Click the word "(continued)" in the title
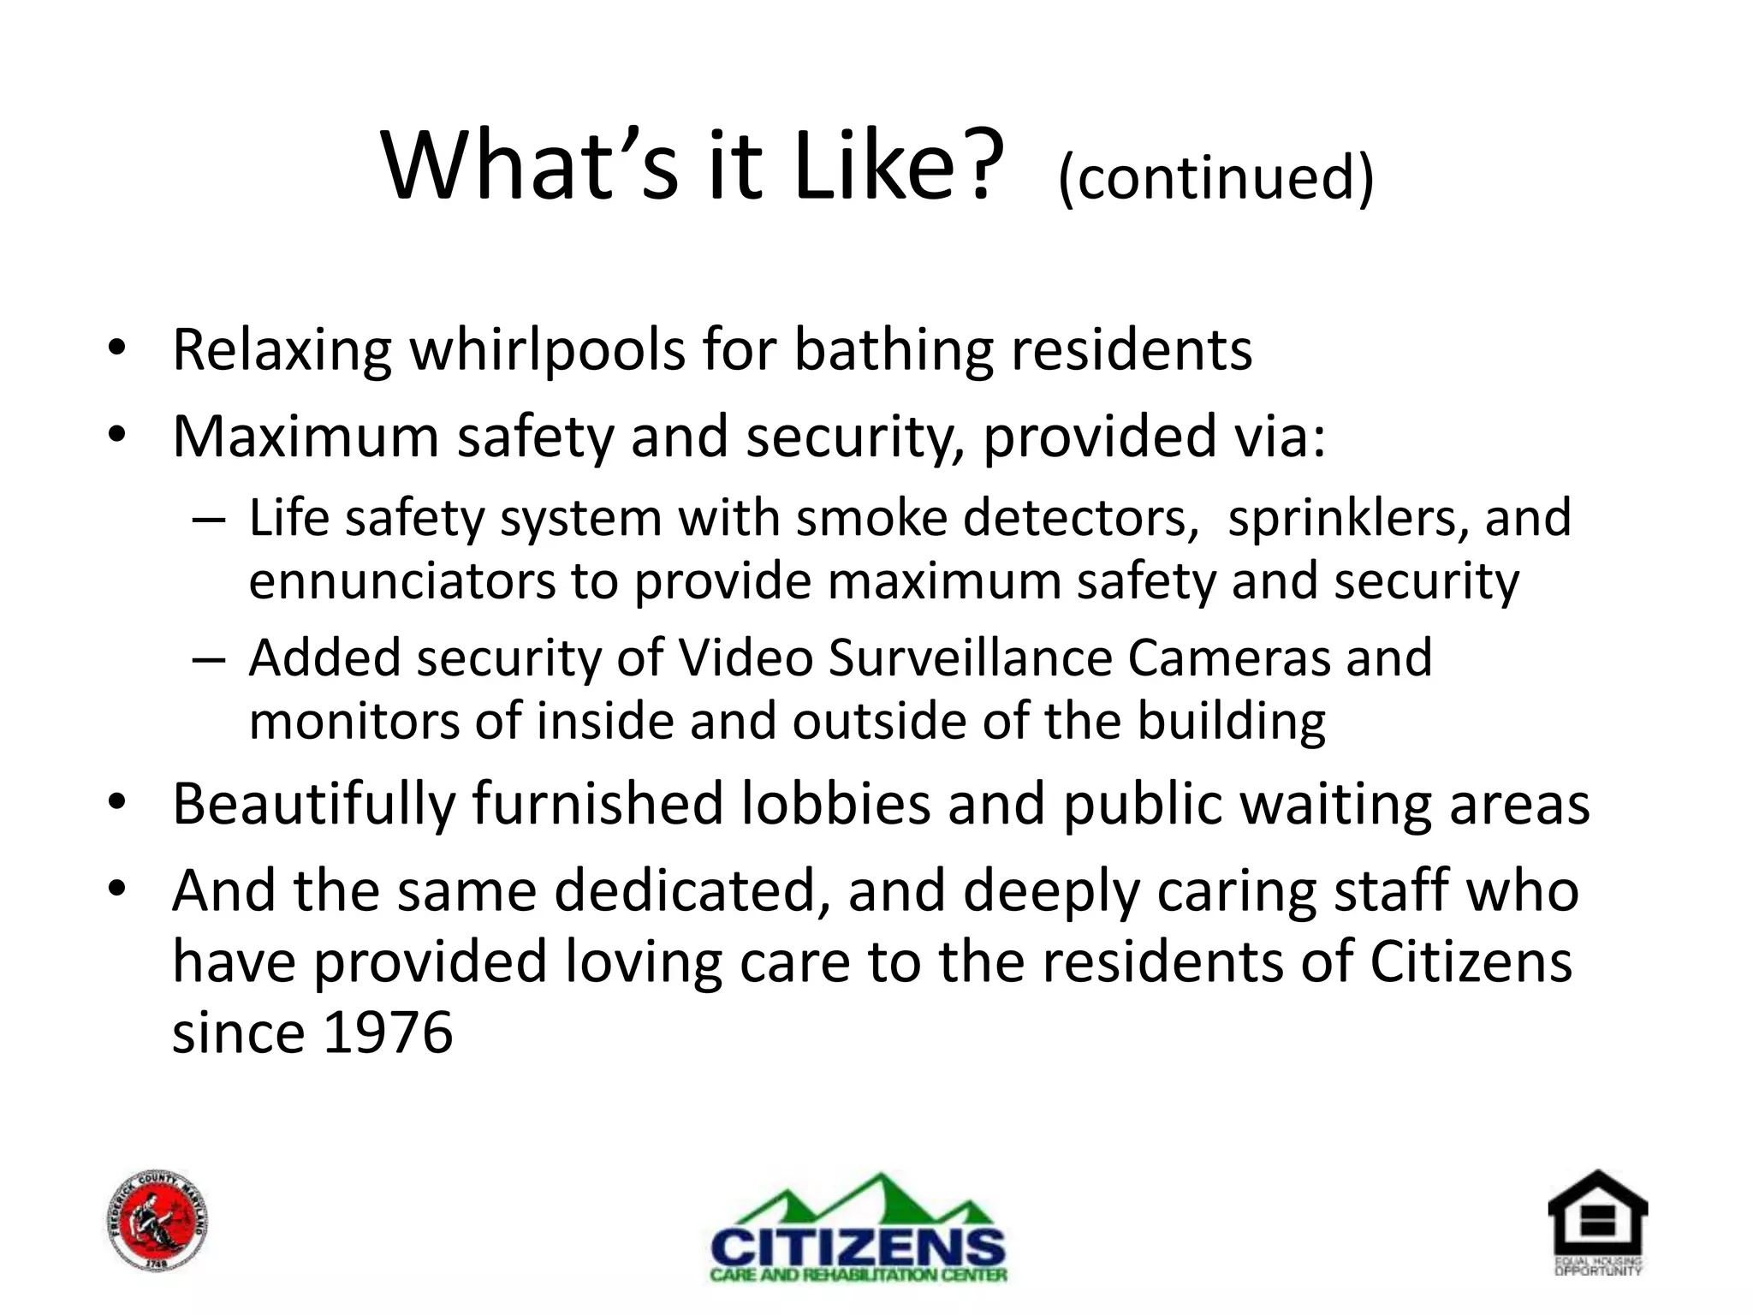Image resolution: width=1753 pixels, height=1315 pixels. (x=1215, y=177)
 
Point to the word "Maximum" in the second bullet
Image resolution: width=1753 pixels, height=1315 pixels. (x=305, y=437)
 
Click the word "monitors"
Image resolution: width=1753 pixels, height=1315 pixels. (x=353, y=721)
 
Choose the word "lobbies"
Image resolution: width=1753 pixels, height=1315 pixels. (x=835, y=805)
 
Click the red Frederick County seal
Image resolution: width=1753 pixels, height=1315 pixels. (x=158, y=1221)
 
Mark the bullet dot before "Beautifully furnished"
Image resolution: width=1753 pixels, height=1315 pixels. (x=117, y=803)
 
